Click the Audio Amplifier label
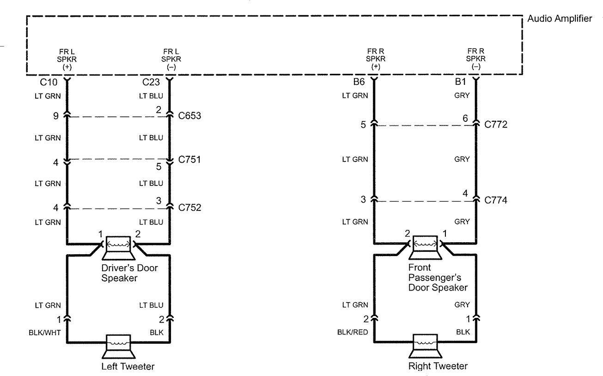[x=560, y=20]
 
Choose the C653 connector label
[x=189, y=115]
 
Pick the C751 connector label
[x=189, y=161]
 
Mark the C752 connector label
[x=189, y=208]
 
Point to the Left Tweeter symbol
[x=119, y=347]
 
